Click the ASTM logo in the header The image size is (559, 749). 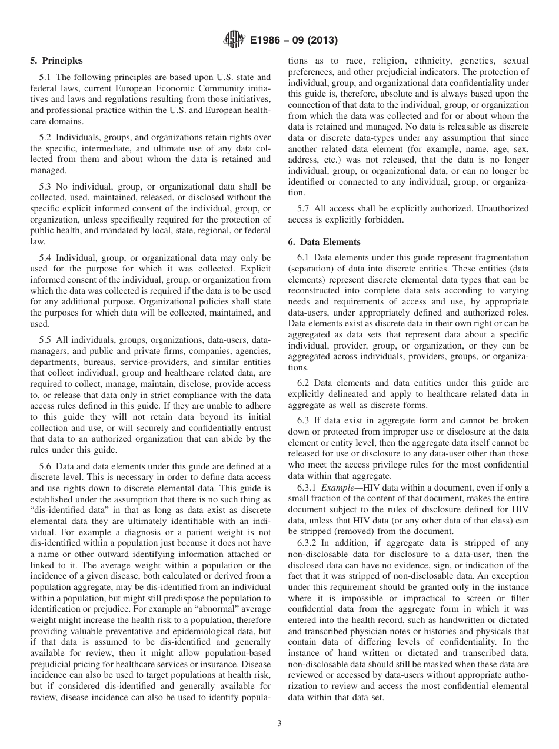point(234,40)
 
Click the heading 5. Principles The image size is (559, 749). point(56,61)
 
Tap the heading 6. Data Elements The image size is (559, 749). point(324,241)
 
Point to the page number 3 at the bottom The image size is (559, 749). point(279,723)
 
